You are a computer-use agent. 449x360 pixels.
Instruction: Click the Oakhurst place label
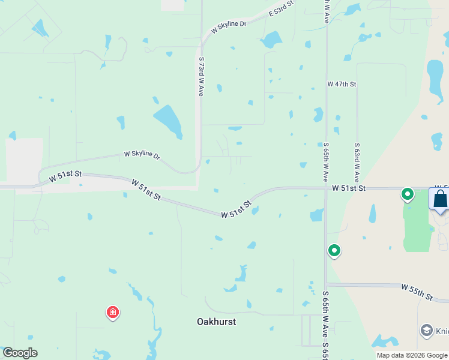point(216,322)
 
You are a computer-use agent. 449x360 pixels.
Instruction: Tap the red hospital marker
point(112,312)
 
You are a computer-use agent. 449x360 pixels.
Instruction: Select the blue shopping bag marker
point(439,199)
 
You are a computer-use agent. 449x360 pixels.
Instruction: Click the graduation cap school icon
point(426,330)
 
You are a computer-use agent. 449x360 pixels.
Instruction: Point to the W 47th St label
point(342,85)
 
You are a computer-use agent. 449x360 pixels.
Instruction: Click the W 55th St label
point(417,292)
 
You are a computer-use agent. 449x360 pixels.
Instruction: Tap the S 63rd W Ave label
point(357,162)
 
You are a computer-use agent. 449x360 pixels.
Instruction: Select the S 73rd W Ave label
point(201,77)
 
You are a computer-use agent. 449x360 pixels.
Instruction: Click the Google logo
point(20,353)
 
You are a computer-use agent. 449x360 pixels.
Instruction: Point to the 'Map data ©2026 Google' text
point(412,355)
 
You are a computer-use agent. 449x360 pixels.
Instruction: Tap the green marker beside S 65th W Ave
point(334,250)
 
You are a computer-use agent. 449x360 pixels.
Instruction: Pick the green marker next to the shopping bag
point(408,194)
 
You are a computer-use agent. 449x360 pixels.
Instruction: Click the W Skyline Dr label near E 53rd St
point(229,27)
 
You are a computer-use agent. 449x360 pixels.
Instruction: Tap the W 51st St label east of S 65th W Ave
point(349,188)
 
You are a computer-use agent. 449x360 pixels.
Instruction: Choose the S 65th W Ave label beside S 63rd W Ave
point(325,162)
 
